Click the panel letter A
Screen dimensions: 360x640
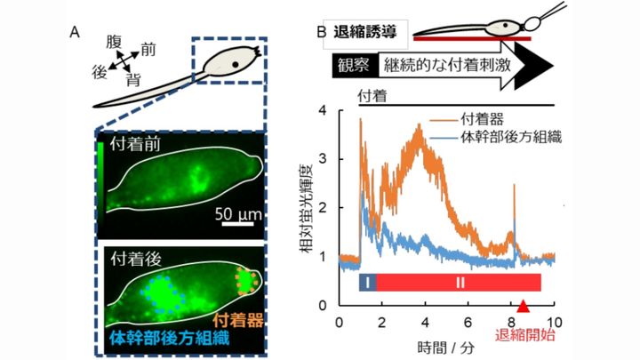click(x=76, y=33)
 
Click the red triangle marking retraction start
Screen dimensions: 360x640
click(x=524, y=307)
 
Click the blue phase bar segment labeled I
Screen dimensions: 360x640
click(x=367, y=283)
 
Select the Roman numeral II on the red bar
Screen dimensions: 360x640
click(x=459, y=283)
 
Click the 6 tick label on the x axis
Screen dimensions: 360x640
click(x=468, y=321)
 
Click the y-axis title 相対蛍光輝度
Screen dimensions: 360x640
click(x=305, y=207)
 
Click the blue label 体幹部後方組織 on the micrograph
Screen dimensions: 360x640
click(x=160, y=336)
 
